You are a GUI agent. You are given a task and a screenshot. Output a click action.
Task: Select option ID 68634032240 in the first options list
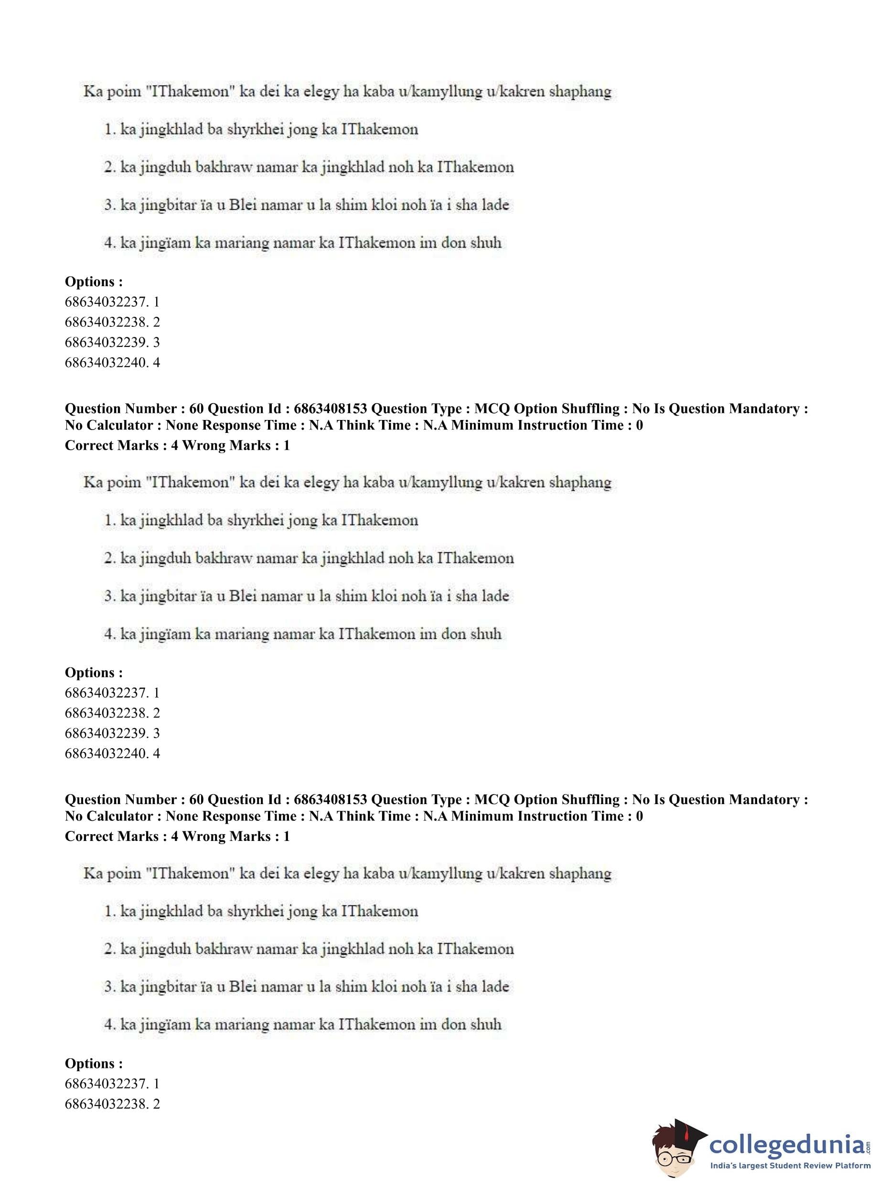pyautogui.click(x=112, y=363)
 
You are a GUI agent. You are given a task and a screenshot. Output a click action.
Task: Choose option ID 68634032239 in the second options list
pyautogui.click(x=112, y=733)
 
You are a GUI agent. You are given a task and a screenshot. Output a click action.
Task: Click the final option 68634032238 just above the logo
pyautogui.click(x=112, y=1104)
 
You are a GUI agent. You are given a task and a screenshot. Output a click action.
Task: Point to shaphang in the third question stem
pyautogui.click(x=580, y=873)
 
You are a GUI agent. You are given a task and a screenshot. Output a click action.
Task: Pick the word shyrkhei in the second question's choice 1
pyautogui.click(x=255, y=521)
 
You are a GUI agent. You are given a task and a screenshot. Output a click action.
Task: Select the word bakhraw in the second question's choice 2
pyautogui.click(x=225, y=559)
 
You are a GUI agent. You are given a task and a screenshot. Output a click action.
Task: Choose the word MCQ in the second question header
pyautogui.click(x=492, y=800)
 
